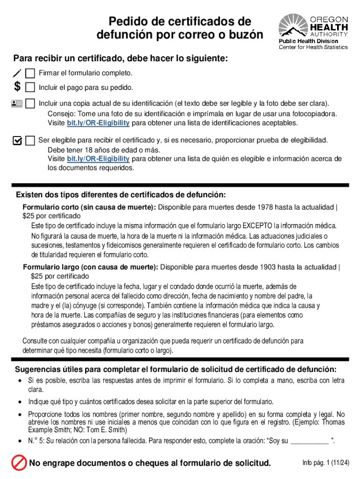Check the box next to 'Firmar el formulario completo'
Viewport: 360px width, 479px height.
click(30, 73)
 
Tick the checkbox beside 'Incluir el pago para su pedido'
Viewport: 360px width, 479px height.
click(30, 87)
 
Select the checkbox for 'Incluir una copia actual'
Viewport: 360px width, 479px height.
click(30, 103)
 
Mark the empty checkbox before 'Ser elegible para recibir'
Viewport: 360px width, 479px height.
click(30, 140)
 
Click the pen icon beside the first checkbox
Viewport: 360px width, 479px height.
click(17, 73)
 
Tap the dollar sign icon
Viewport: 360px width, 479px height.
click(17, 87)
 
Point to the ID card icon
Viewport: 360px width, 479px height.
click(17, 103)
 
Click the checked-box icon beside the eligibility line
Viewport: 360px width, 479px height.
click(17, 140)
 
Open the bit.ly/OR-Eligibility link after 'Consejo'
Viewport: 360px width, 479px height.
click(98, 123)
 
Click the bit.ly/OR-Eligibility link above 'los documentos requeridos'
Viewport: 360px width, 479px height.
click(98, 159)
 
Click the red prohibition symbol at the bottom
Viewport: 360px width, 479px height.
click(19, 463)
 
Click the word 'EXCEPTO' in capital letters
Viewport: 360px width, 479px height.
click(257, 226)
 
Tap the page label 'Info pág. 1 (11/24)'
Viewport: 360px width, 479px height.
click(326, 463)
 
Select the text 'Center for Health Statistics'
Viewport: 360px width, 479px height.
click(313, 47)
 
